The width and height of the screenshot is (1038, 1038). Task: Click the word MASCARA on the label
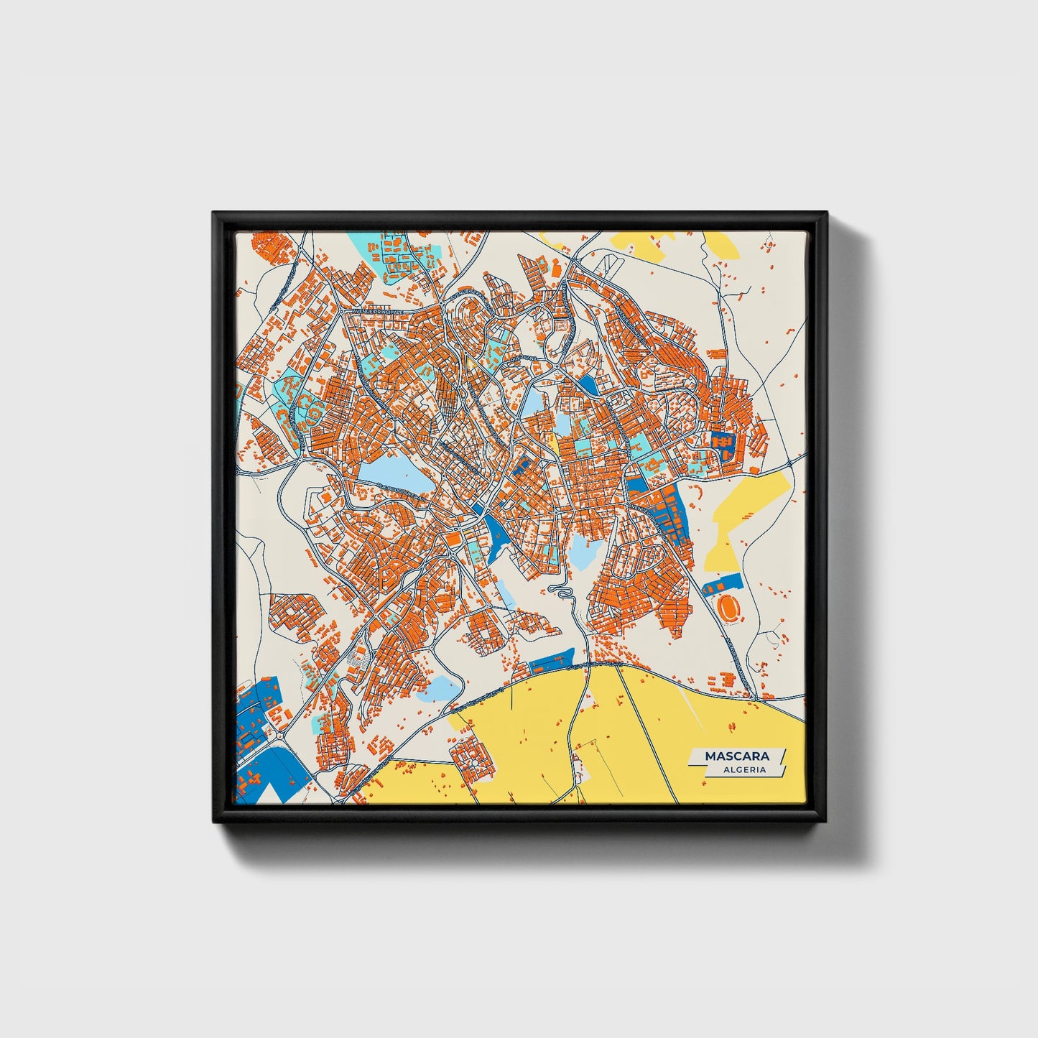(736, 756)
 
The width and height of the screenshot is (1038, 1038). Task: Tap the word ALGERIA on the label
(744, 769)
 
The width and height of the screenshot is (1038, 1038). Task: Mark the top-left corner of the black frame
(214, 213)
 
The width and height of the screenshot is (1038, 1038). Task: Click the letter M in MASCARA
(710, 756)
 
